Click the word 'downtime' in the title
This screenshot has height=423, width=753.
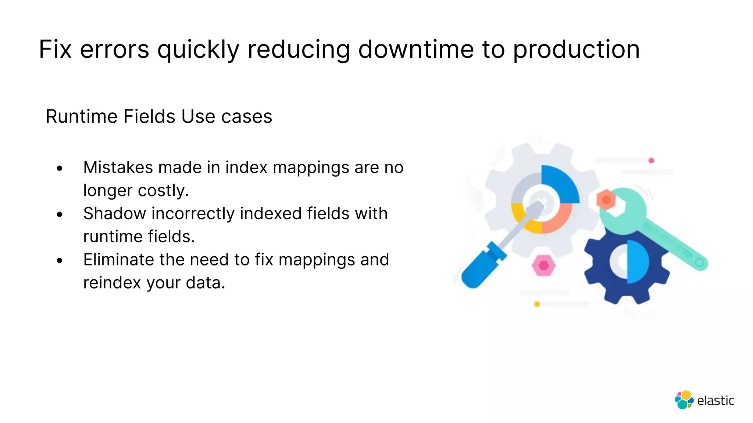(416, 49)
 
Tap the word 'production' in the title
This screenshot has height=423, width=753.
(576, 50)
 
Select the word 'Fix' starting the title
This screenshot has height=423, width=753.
(55, 49)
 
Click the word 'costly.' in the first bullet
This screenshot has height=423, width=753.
(163, 191)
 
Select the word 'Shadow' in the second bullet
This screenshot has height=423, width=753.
(114, 213)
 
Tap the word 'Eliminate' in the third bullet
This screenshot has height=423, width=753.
(118, 260)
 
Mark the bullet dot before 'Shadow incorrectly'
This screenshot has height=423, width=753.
(60, 214)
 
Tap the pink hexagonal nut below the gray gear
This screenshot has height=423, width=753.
(543, 265)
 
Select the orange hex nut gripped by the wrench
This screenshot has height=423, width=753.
(606, 200)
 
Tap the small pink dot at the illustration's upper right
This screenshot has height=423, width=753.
(651, 160)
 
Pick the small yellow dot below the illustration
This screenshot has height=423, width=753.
(537, 304)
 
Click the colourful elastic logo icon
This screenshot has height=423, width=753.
(684, 400)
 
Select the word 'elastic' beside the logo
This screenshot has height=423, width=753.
(715, 401)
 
